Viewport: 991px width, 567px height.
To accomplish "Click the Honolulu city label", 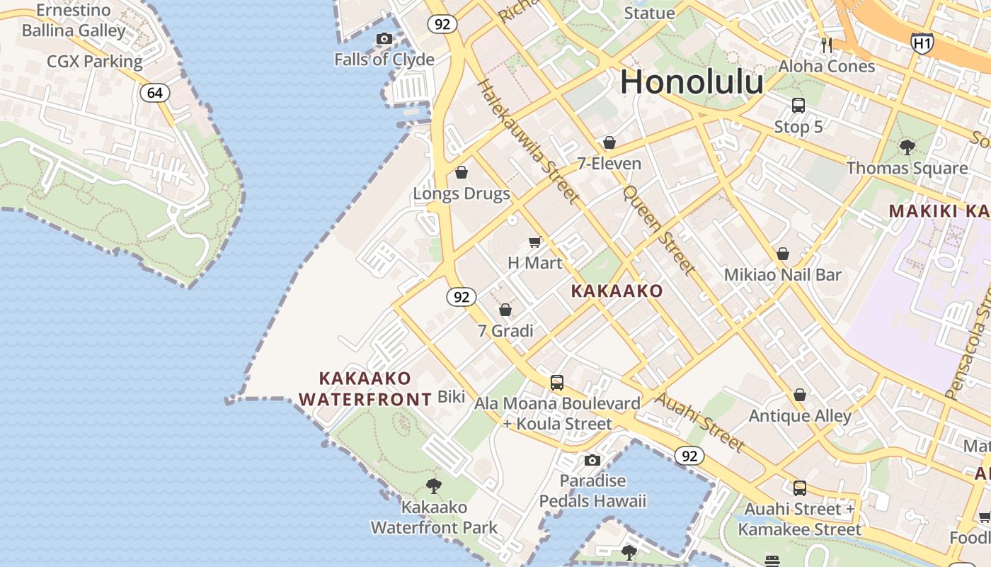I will (692, 82).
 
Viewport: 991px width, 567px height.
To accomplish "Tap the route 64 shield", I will (155, 93).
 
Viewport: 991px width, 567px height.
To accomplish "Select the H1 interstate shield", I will (922, 43).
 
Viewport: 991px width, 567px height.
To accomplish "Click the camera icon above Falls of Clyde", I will (384, 38).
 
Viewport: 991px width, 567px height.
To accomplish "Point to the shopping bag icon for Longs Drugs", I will (462, 172).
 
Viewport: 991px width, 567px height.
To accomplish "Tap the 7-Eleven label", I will (609, 164).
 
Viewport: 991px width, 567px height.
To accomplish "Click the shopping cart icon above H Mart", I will (535, 242).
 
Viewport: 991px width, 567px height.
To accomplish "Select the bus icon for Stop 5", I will (798, 106).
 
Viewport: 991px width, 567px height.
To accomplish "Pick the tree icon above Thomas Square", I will (907, 147).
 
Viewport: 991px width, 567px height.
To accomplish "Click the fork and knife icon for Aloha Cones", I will (827, 45).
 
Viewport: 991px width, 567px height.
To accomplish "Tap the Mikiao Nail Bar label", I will (783, 274).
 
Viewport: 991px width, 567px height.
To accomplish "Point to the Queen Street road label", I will (659, 230).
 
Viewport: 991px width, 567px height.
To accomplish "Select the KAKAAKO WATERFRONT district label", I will (365, 389).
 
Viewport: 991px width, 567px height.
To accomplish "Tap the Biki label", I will (452, 396).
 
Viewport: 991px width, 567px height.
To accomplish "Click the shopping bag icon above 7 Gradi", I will (505, 310).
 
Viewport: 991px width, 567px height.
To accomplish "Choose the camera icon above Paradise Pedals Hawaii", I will (592, 461).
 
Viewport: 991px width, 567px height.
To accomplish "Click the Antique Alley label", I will (800, 415).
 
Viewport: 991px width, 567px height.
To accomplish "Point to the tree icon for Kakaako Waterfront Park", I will (434, 486).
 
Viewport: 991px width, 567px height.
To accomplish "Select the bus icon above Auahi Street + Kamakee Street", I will (800, 488).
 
